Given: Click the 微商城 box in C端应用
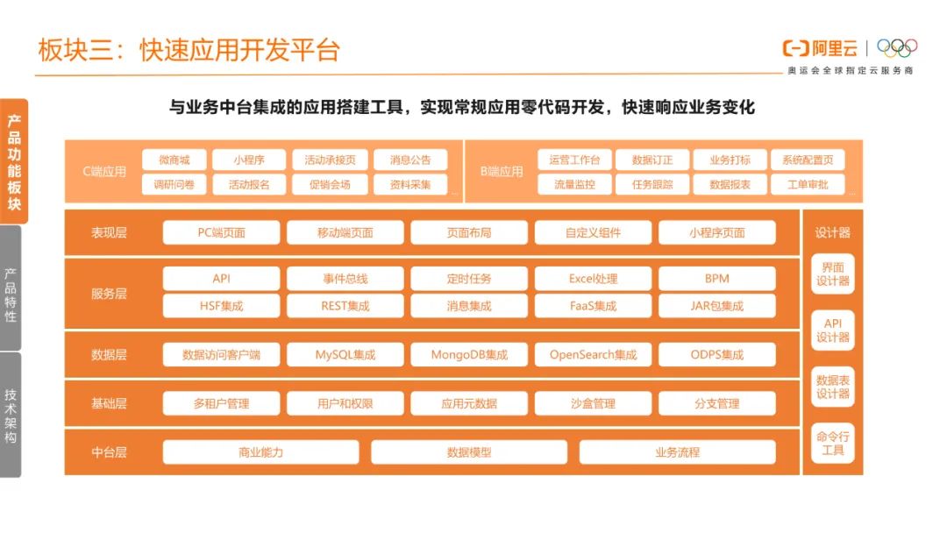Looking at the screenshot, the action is coord(174,160).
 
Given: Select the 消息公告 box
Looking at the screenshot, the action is coord(409,160).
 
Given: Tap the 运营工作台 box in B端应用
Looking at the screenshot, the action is coord(574,160).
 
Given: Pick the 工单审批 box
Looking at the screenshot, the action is coord(808,184).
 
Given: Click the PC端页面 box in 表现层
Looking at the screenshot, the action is coord(221,232).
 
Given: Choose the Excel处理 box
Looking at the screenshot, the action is coord(593,279).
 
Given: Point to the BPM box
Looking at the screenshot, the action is coord(716,279).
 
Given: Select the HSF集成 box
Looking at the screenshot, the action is coord(221,306).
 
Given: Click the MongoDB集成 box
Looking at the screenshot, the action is coord(469,355).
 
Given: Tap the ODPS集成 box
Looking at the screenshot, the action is coord(716,355).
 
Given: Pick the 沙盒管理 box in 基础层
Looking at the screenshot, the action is coord(593,403).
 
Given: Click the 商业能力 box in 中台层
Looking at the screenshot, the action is coord(260,452).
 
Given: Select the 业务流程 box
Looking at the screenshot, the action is coord(677,452).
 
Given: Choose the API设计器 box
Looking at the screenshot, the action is coord(832,330).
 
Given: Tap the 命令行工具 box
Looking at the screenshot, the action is coord(832,444).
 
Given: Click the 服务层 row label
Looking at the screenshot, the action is coord(109,294).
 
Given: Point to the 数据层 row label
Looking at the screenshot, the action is coord(109,355).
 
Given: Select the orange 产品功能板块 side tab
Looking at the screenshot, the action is coord(13,162).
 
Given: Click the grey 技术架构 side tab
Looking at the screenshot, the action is coord(11,415).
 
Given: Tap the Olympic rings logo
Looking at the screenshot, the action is coord(897,47).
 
